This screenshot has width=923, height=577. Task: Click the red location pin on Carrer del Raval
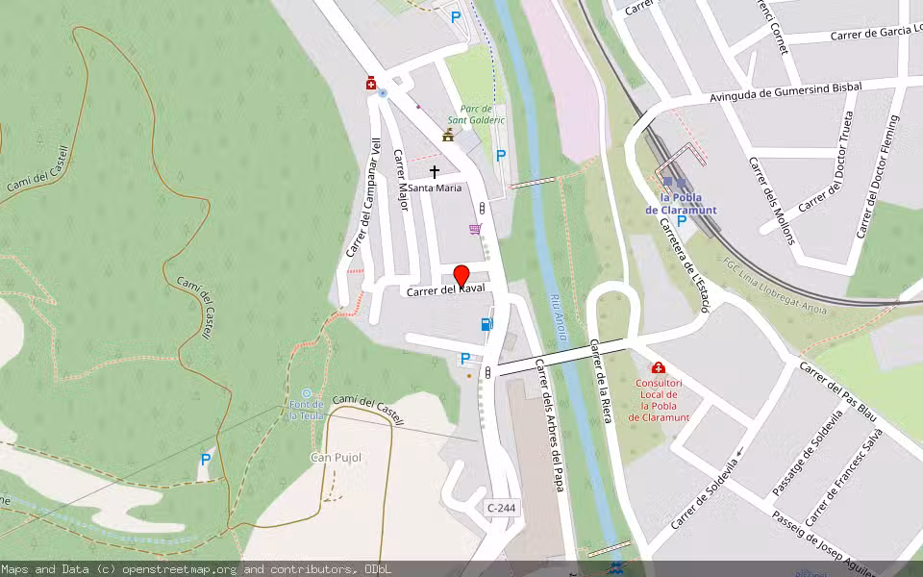click(461, 276)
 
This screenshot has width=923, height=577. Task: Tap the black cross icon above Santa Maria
click(435, 172)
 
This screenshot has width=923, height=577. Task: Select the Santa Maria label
click(435, 188)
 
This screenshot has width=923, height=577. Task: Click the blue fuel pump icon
click(486, 324)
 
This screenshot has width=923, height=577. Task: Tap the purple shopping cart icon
click(475, 229)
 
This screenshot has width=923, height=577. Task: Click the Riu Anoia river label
click(558, 317)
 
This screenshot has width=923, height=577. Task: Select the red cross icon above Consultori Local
click(659, 367)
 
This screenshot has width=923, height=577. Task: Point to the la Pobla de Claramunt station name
click(681, 204)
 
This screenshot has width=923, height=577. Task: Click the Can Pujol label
click(336, 457)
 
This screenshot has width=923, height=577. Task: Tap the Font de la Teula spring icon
click(307, 393)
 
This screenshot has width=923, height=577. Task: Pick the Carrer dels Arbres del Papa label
click(548, 425)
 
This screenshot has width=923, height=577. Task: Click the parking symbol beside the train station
click(682, 221)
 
